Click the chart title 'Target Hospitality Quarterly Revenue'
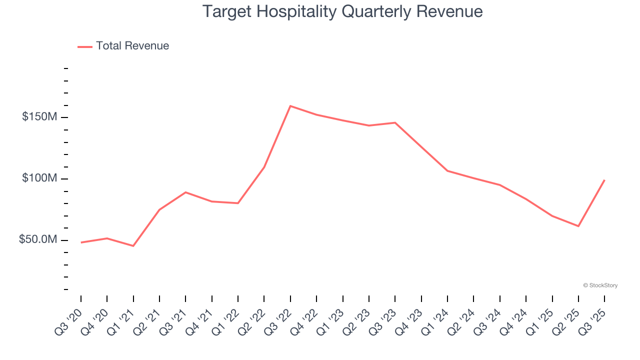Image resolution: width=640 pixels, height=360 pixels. point(342,11)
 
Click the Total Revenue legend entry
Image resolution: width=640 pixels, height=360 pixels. point(123,46)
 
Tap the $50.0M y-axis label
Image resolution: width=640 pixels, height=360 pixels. point(38,240)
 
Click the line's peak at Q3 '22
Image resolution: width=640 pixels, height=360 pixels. point(290,106)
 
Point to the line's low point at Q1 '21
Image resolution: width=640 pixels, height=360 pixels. point(133,246)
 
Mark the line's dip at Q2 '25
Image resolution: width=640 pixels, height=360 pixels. point(578,226)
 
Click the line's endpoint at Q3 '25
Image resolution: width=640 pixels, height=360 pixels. point(604,180)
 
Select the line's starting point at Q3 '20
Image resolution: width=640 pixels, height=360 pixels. point(81,242)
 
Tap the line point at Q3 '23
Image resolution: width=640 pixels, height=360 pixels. point(395,122)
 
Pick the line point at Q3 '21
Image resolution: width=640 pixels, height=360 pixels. point(185,192)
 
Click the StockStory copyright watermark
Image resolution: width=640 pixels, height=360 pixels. point(600,285)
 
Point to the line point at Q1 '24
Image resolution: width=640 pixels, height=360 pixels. point(447,171)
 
